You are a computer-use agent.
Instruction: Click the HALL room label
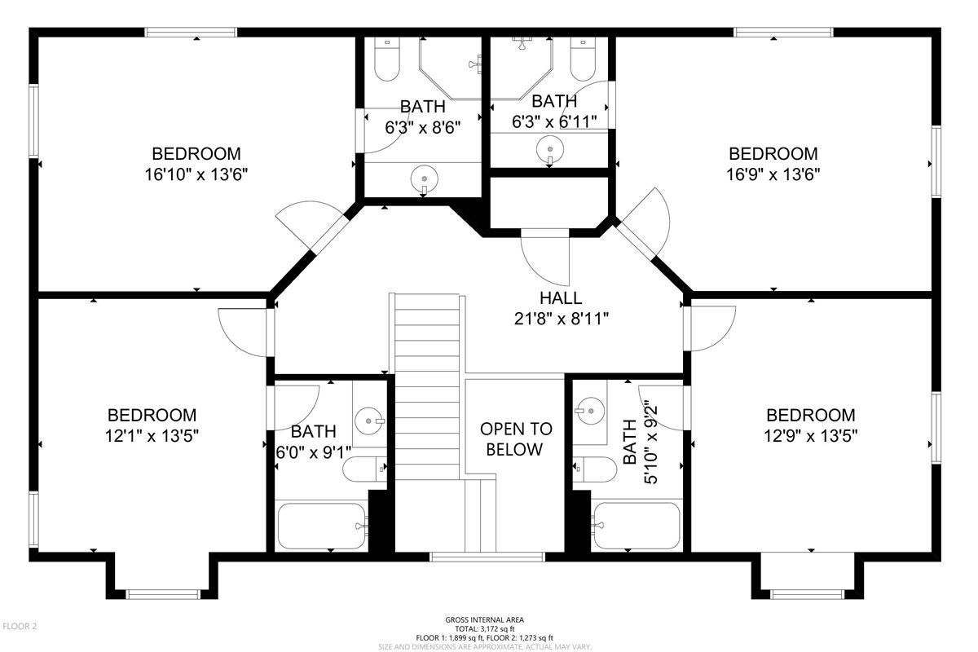tap(561, 297)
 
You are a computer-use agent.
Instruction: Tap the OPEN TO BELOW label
tap(516, 439)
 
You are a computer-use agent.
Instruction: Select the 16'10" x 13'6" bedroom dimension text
tap(196, 174)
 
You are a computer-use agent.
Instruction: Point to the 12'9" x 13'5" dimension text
tap(810, 436)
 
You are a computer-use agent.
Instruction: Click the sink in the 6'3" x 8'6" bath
tap(425, 178)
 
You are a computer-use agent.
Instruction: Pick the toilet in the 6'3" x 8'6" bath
tap(387, 59)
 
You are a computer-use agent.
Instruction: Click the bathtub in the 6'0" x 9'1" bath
tap(322, 526)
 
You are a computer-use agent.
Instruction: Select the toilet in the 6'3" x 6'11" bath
tap(583, 59)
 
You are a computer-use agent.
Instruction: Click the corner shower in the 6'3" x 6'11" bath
tap(522, 68)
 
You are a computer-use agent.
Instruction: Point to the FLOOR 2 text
tap(20, 626)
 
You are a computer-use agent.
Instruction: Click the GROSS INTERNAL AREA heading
tap(485, 619)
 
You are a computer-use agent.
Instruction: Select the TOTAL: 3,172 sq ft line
tap(485, 629)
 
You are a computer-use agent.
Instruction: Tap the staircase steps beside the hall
tap(427, 389)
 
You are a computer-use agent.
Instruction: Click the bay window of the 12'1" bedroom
tap(162, 594)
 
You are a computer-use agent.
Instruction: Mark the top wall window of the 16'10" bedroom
tap(191, 33)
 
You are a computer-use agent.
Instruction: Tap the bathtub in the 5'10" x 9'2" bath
tap(637, 526)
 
